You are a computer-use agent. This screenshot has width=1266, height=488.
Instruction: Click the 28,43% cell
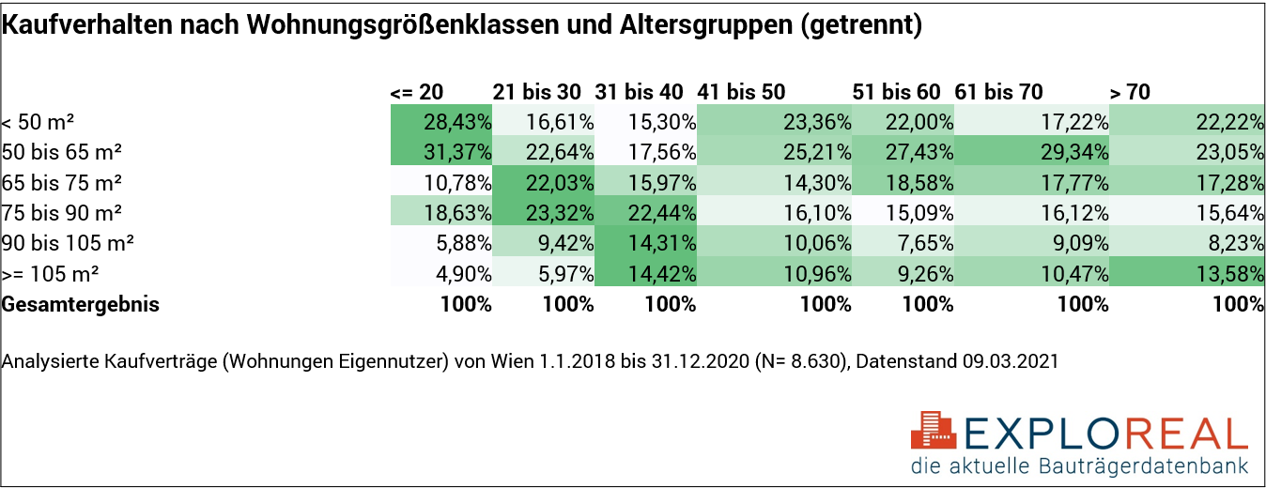pos(441,122)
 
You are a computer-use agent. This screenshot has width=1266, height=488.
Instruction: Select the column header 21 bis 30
pos(537,92)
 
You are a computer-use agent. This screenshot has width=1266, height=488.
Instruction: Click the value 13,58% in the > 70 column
pos(1187,274)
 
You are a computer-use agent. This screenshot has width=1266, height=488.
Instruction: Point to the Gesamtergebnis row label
pos(81,305)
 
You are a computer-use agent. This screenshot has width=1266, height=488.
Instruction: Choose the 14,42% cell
pos(645,274)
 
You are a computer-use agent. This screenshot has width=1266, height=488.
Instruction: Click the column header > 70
pos(1130,92)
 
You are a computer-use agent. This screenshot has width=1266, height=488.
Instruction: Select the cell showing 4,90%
pos(441,274)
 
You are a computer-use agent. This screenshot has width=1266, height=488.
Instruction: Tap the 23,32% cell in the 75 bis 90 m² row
pos(544,213)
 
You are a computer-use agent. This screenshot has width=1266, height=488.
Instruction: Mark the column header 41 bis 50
pos(741,92)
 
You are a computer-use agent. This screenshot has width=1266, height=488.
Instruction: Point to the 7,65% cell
pos(903,244)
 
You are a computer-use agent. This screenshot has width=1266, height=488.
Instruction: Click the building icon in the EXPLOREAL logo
pos(934,431)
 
